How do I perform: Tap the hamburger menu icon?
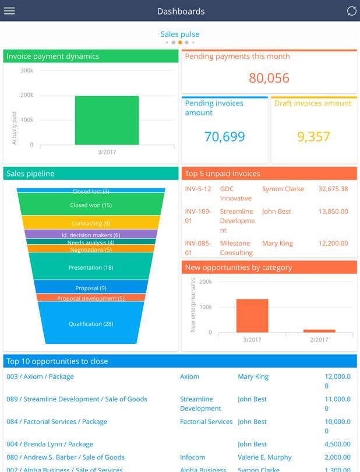(x=9, y=11)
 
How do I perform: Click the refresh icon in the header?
(x=351, y=11)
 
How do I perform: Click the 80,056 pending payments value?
(x=269, y=78)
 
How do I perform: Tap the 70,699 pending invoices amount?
(x=224, y=137)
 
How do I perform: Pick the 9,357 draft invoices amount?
(x=313, y=137)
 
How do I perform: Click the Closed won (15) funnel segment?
(x=90, y=205)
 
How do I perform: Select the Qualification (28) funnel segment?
(x=90, y=324)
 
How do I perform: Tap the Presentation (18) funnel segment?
(x=90, y=268)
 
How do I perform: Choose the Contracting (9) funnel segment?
(x=90, y=223)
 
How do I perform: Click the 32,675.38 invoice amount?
(x=333, y=189)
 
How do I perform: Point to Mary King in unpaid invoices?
(x=277, y=244)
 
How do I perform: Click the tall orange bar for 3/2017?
(x=252, y=315)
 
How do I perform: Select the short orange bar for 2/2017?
(x=319, y=330)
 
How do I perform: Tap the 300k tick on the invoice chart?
(x=27, y=71)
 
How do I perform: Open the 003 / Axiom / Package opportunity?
(x=40, y=376)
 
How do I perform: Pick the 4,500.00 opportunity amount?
(x=334, y=444)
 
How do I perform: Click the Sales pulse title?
(x=180, y=34)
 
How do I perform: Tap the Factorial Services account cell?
(x=206, y=421)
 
